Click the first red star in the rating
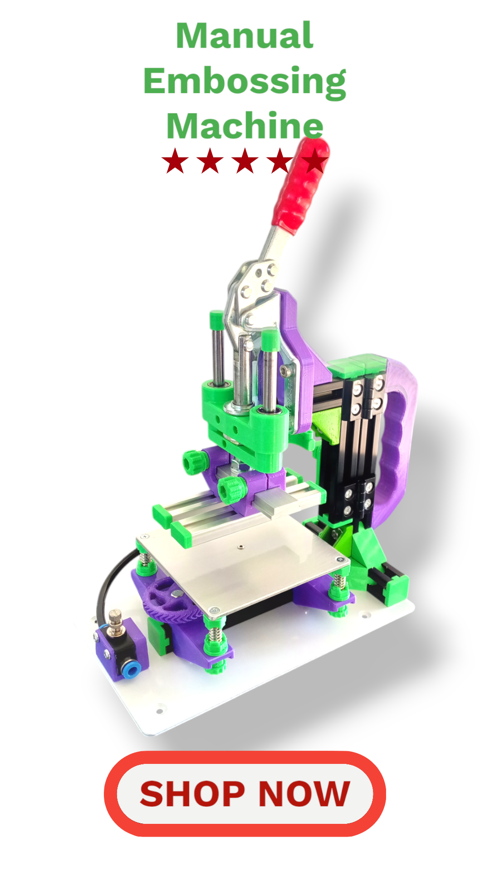click(175, 161)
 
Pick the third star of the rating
click(245, 161)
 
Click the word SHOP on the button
click(192, 793)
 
